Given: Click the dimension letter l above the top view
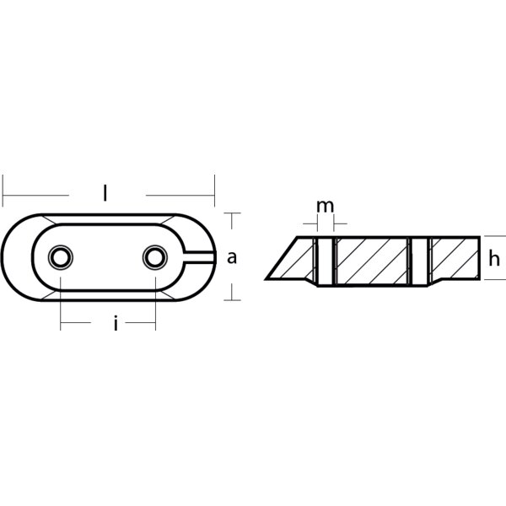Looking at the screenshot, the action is click(105, 193).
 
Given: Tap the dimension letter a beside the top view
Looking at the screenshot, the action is click(232, 258).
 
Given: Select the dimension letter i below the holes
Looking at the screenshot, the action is click(116, 323).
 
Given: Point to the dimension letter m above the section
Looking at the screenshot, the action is click(326, 207).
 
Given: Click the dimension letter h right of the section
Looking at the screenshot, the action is click(494, 258).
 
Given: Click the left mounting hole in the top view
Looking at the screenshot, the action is click(61, 257).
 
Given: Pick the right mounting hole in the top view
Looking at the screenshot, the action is click(155, 257).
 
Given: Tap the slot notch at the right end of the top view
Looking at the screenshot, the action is click(199, 257).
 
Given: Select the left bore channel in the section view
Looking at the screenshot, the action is click(326, 261).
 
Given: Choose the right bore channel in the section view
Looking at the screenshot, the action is click(420, 261).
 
